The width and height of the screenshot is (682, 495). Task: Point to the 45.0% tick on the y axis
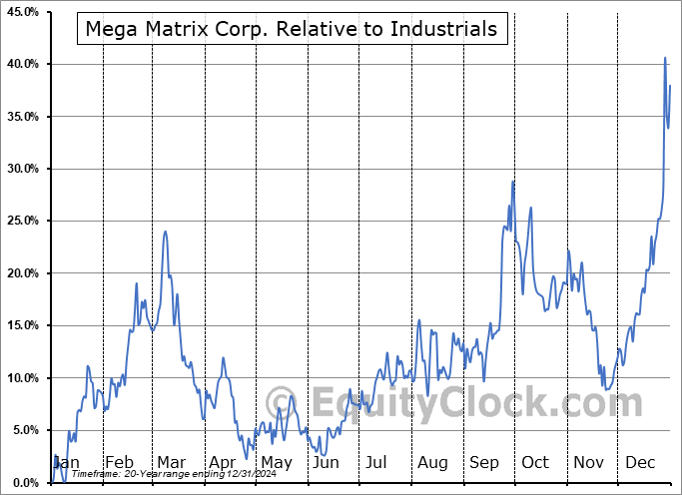[x=22, y=12]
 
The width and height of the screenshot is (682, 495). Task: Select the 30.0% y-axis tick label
[x=22, y=169]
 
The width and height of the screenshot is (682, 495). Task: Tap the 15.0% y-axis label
[x=22, y=325]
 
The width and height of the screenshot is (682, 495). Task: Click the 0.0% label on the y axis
[x=25, y=483]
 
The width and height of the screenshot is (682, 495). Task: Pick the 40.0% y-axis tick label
[x=22, y=64]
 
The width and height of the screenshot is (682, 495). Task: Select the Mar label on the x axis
[x=170, y=463]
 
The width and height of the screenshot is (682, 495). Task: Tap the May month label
[x=276, y=463]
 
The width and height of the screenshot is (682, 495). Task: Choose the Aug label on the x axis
[x=433, y=463]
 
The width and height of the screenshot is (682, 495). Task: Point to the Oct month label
[x=536, y=463]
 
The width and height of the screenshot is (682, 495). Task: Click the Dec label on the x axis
[x=641, y=463]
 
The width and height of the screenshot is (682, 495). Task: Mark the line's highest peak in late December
[x=665, y=58]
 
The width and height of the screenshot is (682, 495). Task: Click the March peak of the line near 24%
[x=165, y=232]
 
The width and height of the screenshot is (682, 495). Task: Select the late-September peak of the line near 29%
[x=513, y=181]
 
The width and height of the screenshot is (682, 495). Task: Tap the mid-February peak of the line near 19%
[x=137, y=283]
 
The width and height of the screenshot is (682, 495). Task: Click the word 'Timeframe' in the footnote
[x=96, y=475]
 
